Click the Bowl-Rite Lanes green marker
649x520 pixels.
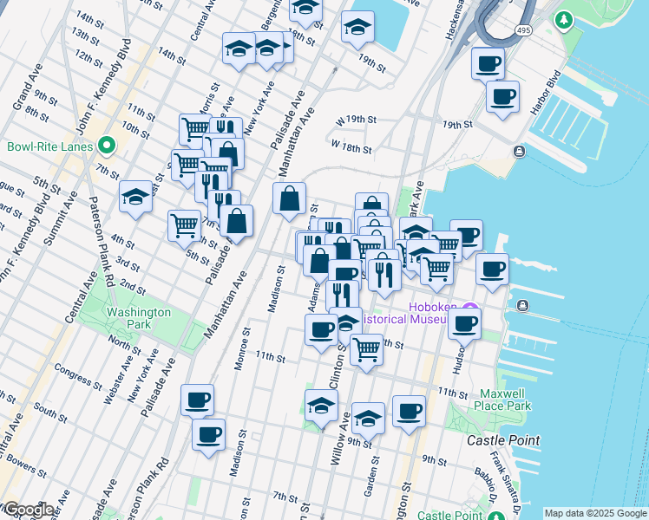click(107, 146)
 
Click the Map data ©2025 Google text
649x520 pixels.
click(594, 513)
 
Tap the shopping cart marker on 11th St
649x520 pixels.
click(367, 350)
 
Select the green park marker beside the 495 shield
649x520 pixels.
click(564, 18)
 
